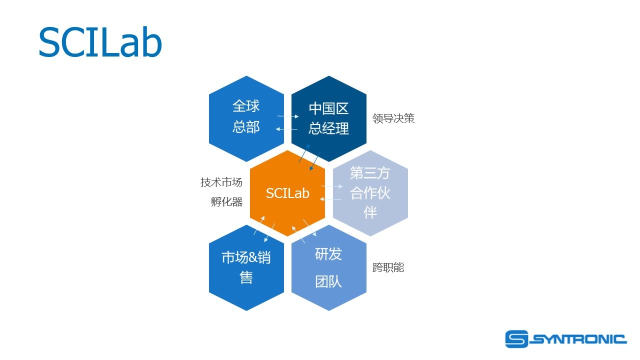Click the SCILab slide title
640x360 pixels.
(x=100, y=42)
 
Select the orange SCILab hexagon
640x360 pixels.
(x=287, y=193)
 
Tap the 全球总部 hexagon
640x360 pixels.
(x=246, y=118)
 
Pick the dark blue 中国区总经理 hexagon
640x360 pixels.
(x=328, y=118)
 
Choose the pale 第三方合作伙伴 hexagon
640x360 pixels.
(x=370, y=193)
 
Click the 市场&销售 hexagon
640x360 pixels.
(x=246, y=267)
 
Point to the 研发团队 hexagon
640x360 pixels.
(x=328, y=267)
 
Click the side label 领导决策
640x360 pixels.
(x=393, y=118)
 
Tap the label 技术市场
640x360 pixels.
(x=221, y=182)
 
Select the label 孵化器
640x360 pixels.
(x=226, y=202)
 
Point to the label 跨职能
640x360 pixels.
(x=388, y=267)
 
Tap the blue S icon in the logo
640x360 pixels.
(x=516, y=339)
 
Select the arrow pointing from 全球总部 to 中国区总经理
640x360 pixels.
(x=288, y=116)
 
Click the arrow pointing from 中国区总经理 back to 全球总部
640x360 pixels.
(x=287, y=129)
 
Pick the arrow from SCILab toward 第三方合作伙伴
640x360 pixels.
(x=332, y=186)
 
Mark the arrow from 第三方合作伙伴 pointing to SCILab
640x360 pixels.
(x=331, y=199)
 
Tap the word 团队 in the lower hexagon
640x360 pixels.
(x=328, y=281)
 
